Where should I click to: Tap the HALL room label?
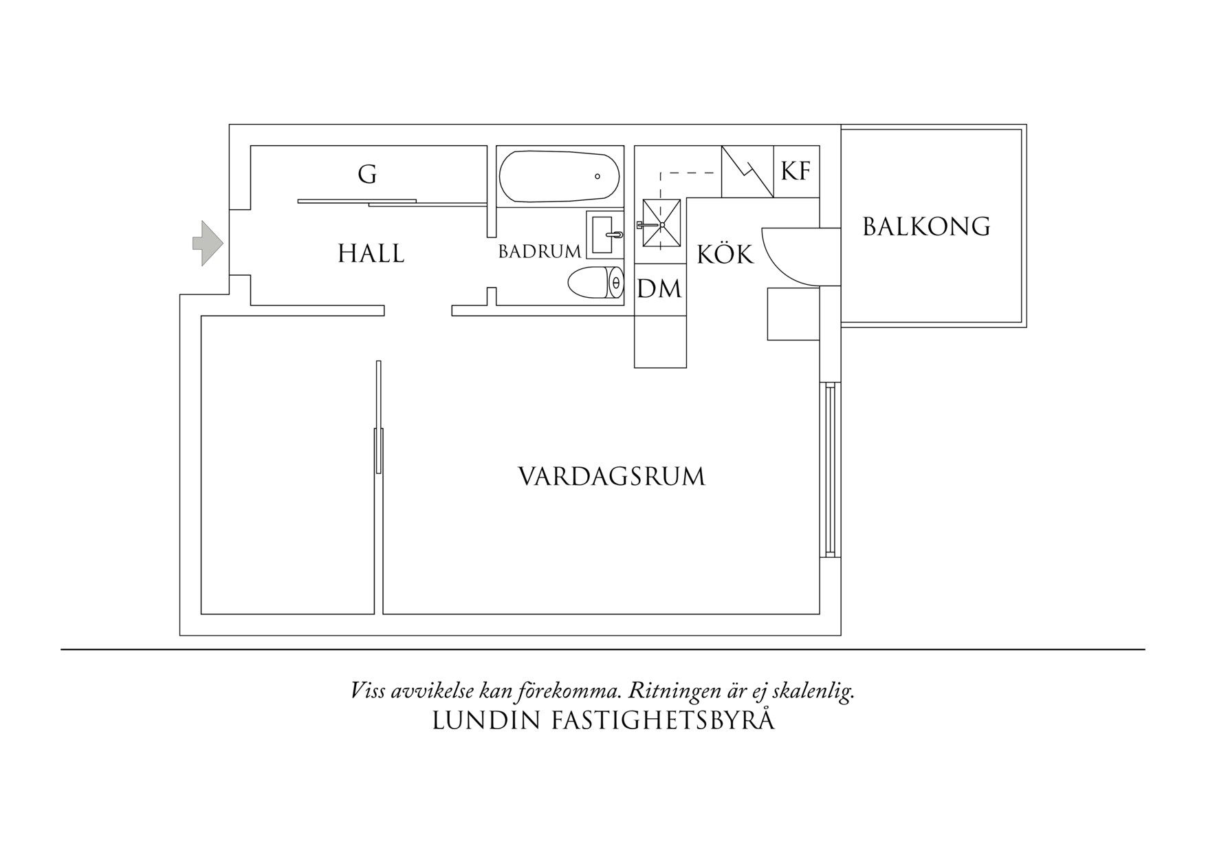371,254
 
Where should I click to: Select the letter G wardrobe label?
367,175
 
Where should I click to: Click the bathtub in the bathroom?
559,176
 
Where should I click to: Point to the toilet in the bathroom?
595,283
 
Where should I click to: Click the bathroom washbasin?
604,235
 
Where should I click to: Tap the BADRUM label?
539,252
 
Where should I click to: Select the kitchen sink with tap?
661,224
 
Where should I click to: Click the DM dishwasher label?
659,289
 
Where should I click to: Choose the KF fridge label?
796,171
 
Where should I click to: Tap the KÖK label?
725,255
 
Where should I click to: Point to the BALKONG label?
926,226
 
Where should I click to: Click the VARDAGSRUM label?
611,477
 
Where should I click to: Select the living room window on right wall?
830,471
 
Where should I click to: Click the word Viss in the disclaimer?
367,691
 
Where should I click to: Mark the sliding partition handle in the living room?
377,451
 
